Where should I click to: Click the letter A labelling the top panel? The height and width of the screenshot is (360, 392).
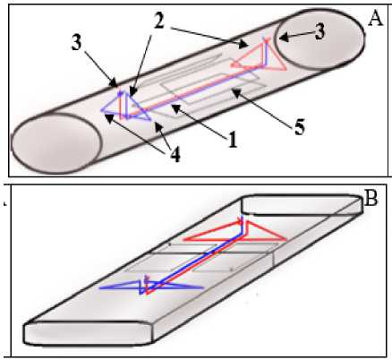tap(375, 20)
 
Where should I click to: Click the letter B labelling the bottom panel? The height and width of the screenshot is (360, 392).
tap(371, 199)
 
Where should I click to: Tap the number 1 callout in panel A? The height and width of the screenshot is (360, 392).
tap(233, 141)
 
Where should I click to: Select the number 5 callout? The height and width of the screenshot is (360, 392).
tap(299, 127)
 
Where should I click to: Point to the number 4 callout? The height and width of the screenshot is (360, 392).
tap(175, 155)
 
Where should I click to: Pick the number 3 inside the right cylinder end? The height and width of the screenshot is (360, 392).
tap(320, 32)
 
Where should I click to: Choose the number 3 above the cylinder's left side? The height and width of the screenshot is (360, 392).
tap(76, 43)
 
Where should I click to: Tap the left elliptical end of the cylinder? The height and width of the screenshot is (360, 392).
tap(56, 143)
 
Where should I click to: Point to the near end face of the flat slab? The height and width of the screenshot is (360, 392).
tap(89, 333)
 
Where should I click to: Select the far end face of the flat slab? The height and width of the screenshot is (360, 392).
tap(302, 204)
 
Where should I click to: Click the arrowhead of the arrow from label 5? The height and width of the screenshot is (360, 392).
tap(234, 92)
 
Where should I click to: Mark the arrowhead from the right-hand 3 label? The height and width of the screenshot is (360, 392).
tap(283, 38)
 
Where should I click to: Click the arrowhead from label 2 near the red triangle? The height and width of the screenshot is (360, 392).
tap(244, 45)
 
